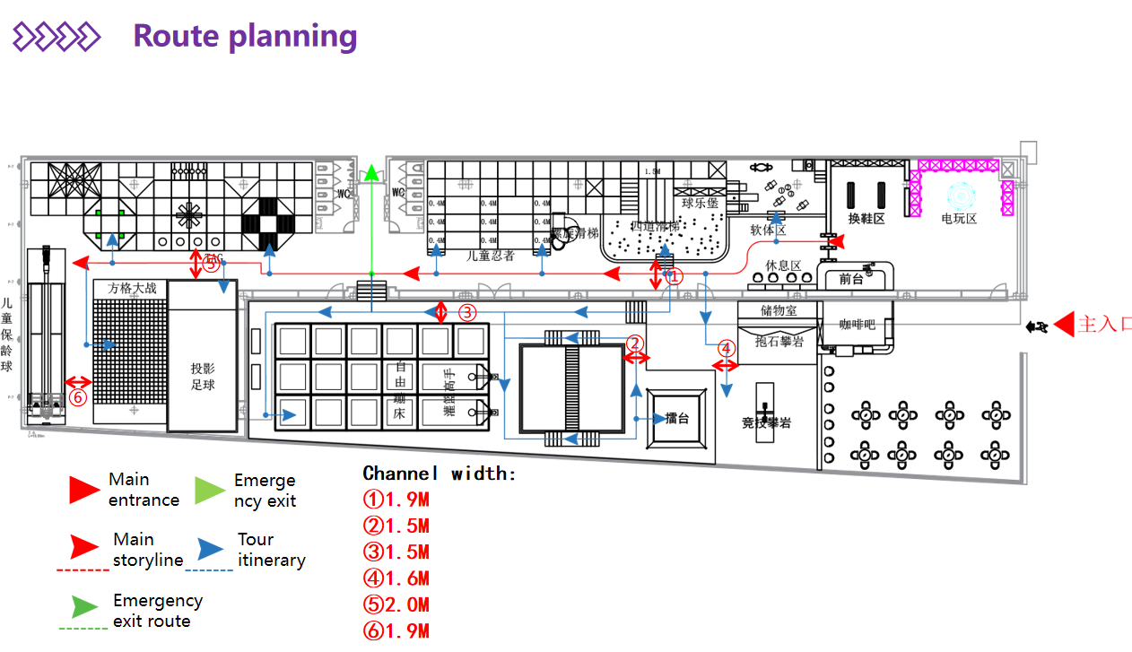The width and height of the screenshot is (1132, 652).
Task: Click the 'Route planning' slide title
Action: coord(245,36)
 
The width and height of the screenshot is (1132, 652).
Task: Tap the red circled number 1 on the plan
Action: coord(675,277)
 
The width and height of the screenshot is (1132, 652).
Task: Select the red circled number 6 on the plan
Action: coord(78,396)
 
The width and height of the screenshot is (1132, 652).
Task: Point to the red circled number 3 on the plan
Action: coord(467,313)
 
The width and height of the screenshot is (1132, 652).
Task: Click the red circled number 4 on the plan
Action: coord(727,348)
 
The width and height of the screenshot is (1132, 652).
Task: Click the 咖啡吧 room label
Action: coord(857,325)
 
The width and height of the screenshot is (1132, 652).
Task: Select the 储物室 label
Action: coord(778,310)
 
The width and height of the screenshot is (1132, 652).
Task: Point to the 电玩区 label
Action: coord(958,218)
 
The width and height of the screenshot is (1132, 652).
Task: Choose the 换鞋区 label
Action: coord(866,218)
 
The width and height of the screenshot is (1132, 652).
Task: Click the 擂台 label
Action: coord(677,419)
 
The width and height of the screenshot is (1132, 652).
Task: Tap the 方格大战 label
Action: coord(132,288)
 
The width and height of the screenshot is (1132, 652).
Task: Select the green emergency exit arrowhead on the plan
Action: coord(370,171)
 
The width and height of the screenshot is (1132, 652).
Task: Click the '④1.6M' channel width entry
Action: coord(396,578)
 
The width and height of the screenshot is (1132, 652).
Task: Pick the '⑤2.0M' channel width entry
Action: coord(396,604)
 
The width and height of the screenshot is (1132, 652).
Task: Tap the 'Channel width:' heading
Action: coord(440,474)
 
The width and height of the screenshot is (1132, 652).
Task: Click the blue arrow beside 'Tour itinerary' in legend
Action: coord(212,549)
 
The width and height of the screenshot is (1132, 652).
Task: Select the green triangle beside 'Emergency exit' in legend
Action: coord(210,490)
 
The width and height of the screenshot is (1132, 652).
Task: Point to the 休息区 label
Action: coord(783,265)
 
